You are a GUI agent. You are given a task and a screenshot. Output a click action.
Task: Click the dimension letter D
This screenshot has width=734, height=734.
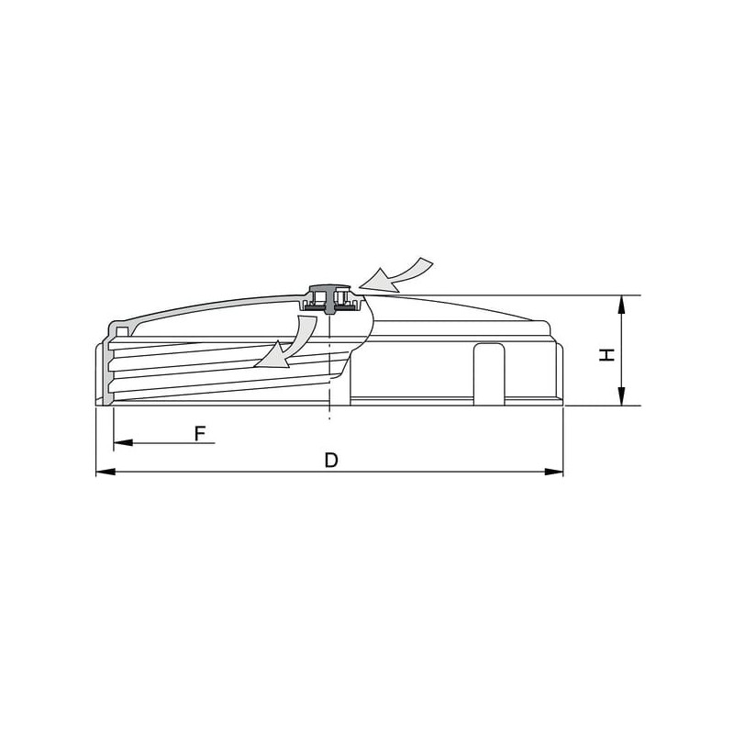[x=331, y=461]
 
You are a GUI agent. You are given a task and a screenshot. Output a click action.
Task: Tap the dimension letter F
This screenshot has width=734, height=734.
[x=200, y=434]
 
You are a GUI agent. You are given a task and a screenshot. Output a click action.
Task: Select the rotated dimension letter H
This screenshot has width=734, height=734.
[x=606, y=355]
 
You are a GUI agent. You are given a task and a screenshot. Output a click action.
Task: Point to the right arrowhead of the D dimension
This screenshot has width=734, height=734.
[x=554, y=472]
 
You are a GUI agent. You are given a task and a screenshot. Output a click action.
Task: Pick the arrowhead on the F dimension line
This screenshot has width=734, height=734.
[x=123, y=442]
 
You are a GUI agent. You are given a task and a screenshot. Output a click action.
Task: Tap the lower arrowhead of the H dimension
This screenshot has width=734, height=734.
[x=621, y=396]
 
